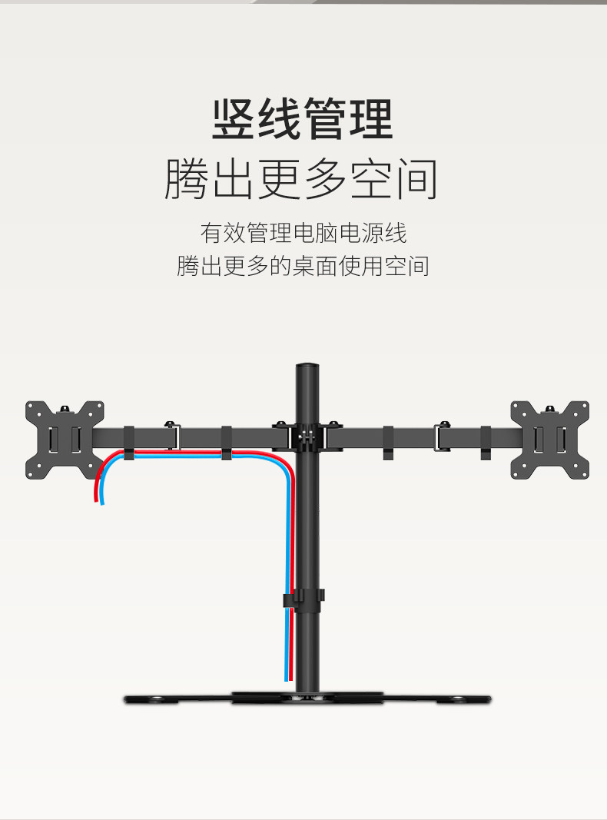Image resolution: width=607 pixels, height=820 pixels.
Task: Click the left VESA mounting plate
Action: coord(65,440)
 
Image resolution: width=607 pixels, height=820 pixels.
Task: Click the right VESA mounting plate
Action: coord(550,440)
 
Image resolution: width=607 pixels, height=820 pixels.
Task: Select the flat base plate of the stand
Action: coord(307,698)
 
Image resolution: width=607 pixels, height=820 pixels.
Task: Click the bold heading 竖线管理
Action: coord(303,119)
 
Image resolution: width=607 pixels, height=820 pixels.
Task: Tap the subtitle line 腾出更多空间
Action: coord(302,179)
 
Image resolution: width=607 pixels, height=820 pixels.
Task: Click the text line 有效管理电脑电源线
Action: coord(303,232)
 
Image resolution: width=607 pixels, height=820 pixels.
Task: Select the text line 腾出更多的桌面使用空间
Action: coord(303,266)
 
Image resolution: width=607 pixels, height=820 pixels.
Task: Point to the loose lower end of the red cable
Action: coord(95,500)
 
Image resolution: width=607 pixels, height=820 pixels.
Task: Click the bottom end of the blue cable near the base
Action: coord(286,678)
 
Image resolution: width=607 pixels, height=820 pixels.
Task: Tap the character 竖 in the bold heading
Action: coord(234,119)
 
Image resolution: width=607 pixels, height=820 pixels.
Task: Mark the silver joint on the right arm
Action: coord(443,437)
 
